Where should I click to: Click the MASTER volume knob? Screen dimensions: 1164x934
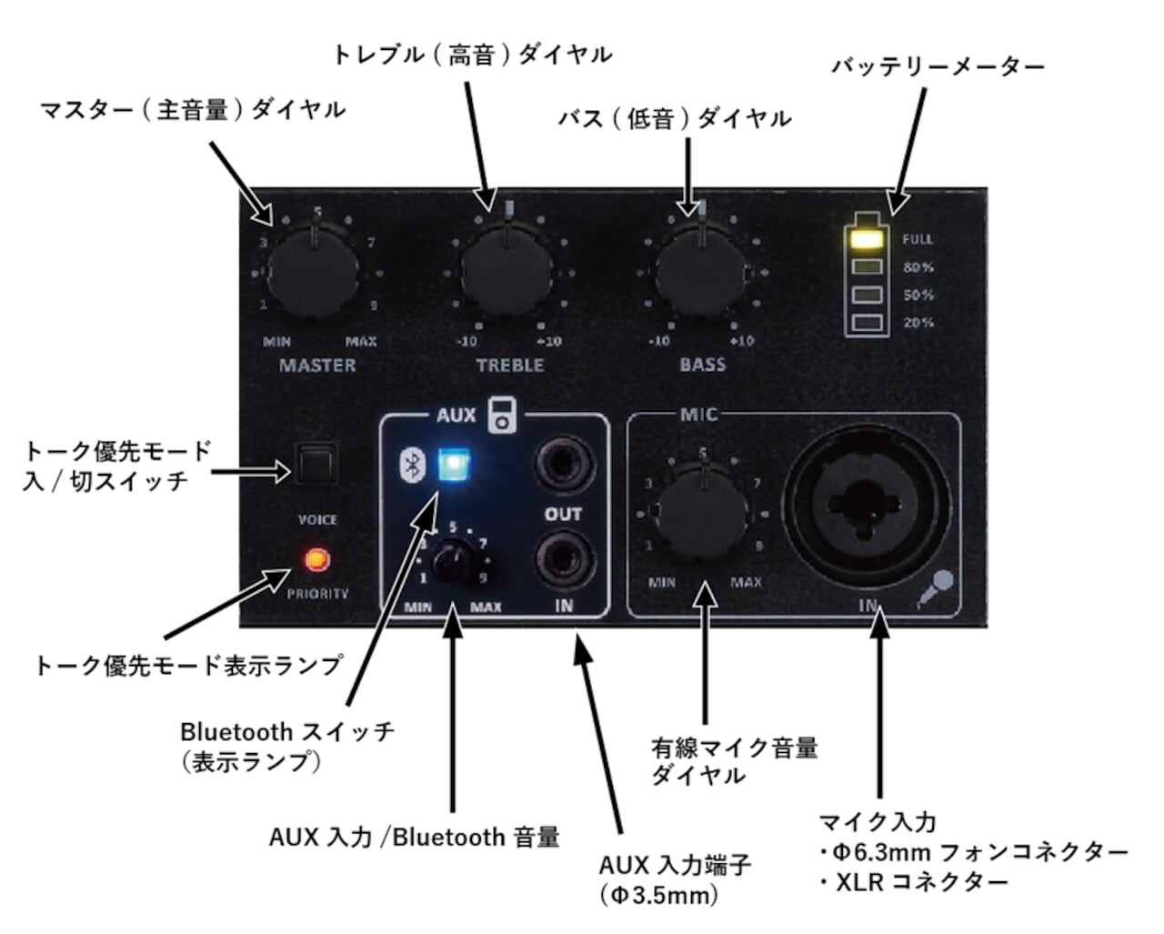315,271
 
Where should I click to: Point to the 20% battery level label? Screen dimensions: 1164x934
918,323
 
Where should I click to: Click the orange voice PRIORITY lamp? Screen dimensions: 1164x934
317,558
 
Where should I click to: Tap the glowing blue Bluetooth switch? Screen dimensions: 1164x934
452,466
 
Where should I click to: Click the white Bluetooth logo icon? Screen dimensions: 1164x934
412,466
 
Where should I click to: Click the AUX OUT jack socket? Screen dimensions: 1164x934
563,466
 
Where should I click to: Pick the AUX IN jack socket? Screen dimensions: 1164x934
563,560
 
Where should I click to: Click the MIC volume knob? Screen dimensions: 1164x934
702,514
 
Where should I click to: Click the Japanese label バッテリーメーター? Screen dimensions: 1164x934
938,66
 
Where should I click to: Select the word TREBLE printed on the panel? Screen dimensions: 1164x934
510,366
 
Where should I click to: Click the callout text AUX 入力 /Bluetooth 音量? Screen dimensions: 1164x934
414,837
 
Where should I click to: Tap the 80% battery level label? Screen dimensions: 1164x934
918,267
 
